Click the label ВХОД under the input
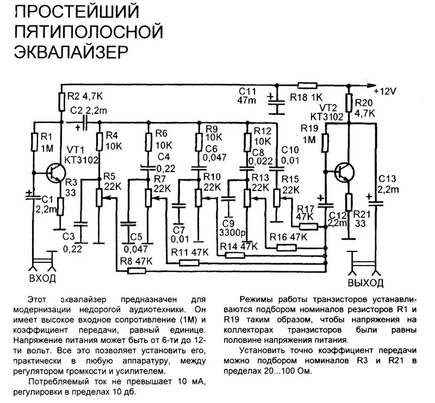(42, 279)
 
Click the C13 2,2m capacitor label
(388, 184)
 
